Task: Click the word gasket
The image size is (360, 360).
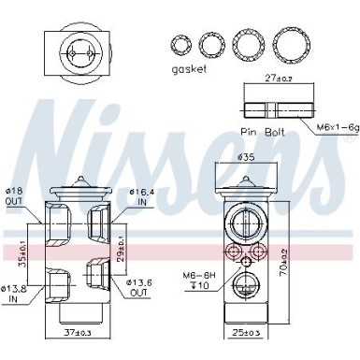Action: [190, 72]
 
